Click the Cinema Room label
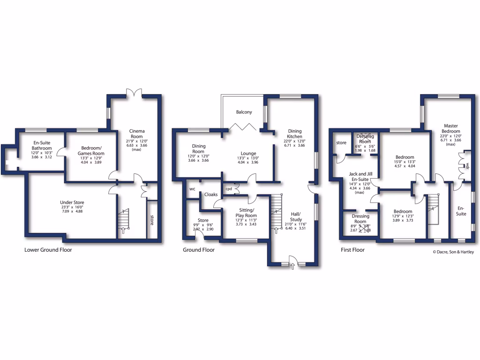(x=137, y=134)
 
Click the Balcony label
(x=244, y=112)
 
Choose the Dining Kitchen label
(x=295, y=134)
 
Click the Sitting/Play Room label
(x=246, y=212)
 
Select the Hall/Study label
(x=296, y=217)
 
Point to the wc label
(x=192, y=189)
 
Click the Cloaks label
(x=211, y=194)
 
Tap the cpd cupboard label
(x=229, y=189)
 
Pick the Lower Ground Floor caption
(x=48, y=250)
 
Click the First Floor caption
(x=352, y=250)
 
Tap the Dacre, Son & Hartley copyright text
(x=453, y=252)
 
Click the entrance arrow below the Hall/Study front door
(x=293, y=267)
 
